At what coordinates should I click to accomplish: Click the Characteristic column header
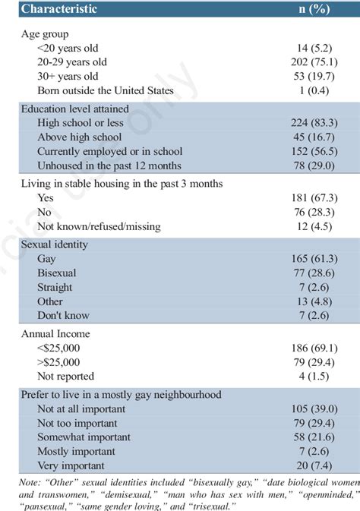(x=59, y=9)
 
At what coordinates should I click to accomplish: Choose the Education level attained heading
(x=74, y=109)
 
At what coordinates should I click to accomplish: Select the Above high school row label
(x=81, y=137)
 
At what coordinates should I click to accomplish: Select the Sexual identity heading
(x=55, y=244)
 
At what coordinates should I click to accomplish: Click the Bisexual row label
(x=57, y=273)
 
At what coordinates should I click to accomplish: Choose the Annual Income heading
(x=55, y=333)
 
